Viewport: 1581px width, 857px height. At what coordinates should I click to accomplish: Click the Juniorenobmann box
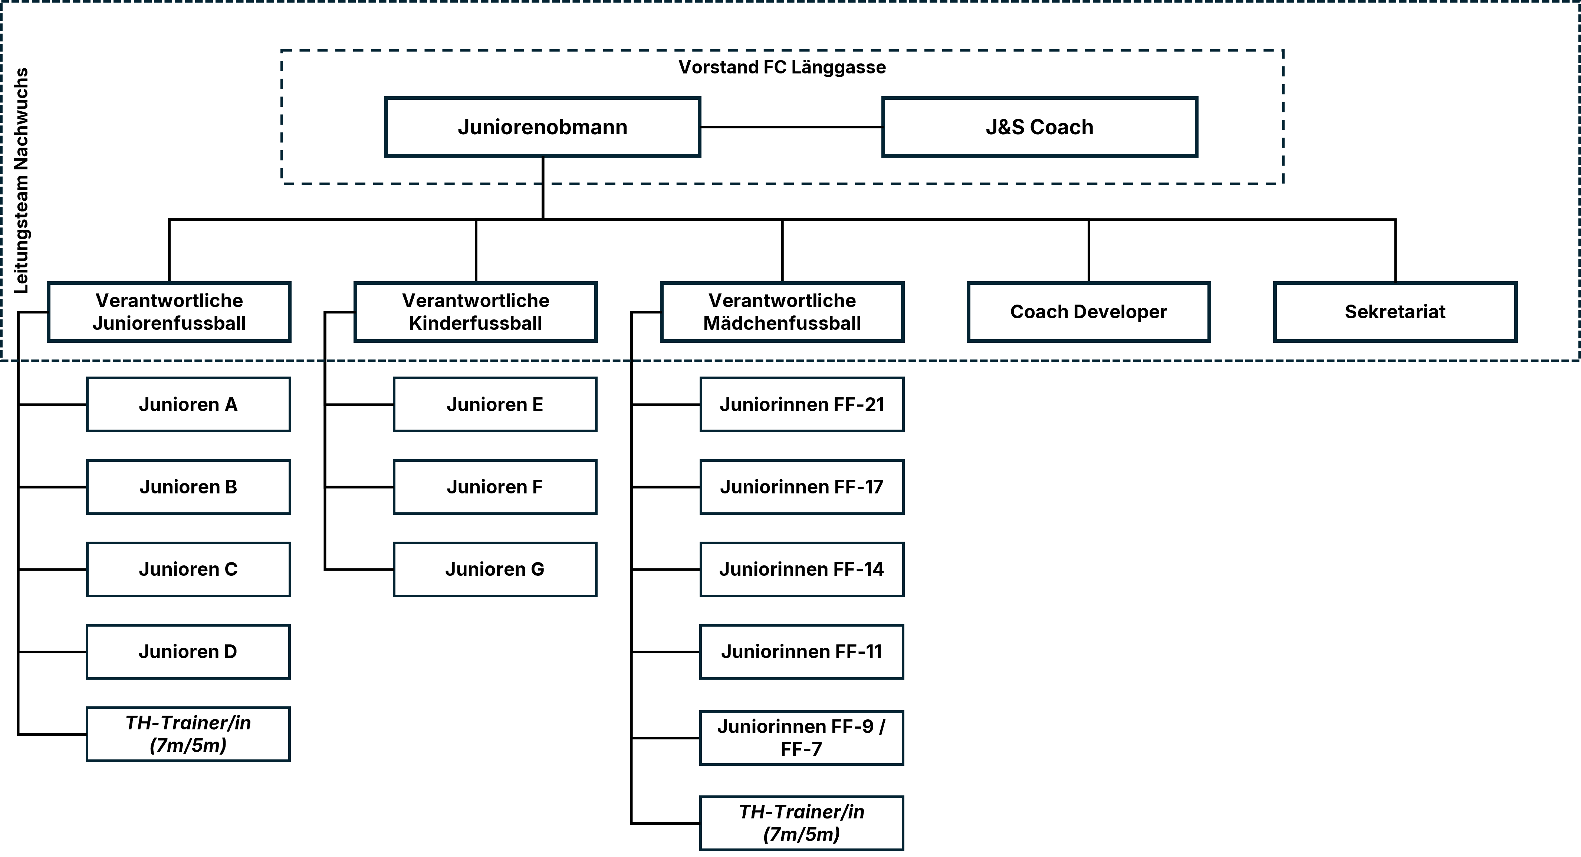[543, 127]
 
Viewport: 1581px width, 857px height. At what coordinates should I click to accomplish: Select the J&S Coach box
[1040, 127]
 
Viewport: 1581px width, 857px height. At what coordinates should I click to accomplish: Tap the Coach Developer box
[1089, 312]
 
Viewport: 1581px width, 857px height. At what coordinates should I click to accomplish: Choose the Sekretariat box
[1395, 312]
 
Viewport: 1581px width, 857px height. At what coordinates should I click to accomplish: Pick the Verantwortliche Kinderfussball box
[476, 312]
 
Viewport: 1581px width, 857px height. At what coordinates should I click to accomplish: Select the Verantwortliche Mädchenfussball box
[782, 312]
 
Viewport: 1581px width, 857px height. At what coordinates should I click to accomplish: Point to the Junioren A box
[188, 404]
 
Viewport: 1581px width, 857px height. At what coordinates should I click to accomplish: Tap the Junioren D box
[188, 652]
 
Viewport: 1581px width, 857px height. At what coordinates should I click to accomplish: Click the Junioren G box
[495, 570]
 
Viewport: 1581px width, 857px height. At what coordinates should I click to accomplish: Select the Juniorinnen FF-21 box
[802, 404]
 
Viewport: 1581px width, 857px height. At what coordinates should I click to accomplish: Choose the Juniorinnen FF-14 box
[802, 570]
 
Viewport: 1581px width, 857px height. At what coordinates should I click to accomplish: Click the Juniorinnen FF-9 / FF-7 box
[802, 738]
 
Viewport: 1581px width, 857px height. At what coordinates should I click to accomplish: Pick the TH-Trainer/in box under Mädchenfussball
[802, 823]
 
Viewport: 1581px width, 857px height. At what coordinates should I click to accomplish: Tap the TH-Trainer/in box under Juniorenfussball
[188, 734]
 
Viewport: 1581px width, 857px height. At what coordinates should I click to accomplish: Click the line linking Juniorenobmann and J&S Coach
[792, 127]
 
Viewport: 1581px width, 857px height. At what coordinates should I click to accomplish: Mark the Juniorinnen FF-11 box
[802, 652]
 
